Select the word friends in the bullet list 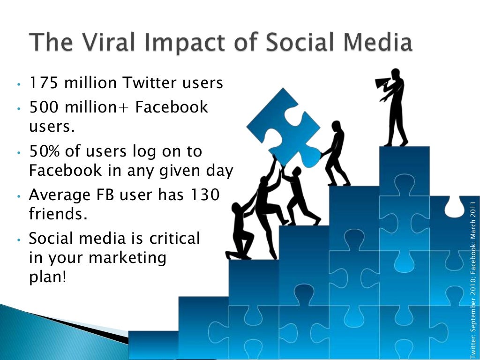[58, 214]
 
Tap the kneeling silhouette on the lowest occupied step [240, 232]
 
